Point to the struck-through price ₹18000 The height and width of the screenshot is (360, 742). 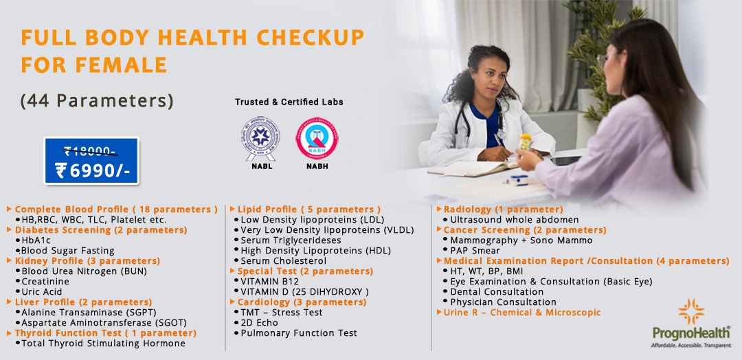[90, 151]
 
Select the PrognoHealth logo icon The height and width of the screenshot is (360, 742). [690, 312]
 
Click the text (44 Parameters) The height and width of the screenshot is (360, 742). [97, 100]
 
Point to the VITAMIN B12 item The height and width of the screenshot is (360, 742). [269, 282]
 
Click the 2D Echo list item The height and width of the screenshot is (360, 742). [260, 322]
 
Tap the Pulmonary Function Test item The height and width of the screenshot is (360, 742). [299, 333]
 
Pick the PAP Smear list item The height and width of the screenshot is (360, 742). [475, 251]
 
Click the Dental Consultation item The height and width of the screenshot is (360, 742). [497, 292]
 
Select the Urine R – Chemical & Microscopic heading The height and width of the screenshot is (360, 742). [522, 313]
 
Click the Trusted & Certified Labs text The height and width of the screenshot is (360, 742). [289, 102]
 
